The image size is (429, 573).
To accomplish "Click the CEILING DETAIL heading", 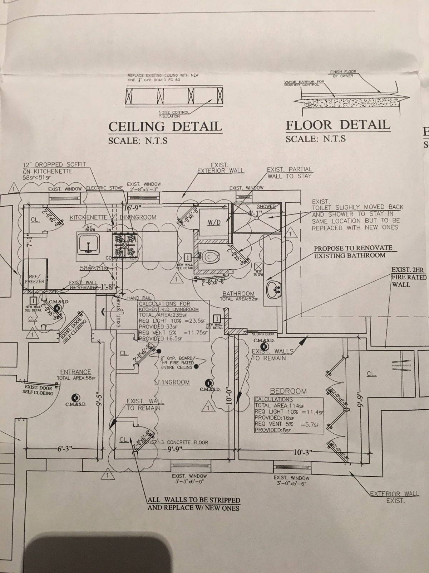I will tap(165, 126).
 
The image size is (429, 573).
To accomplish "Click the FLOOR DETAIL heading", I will tap(337, 125).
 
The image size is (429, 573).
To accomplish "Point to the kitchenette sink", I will tap(88, 244).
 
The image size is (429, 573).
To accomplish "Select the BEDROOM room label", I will tap(288, 391).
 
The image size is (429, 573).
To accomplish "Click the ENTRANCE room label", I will tap(75, 372).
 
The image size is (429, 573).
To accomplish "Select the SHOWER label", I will tap(266, 207).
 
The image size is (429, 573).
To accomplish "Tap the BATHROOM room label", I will tap(238, 294).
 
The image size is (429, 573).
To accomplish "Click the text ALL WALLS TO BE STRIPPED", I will tap(194, 500).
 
